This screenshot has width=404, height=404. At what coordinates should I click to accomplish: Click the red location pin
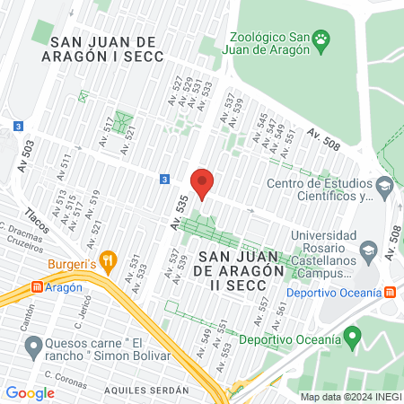pyautogui.click(x=202, y=183)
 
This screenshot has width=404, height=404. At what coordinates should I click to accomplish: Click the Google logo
pyautogui.click(x=30, y=392)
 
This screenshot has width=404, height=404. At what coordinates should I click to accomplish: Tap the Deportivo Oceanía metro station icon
pyautogui.click(x=391, y=293)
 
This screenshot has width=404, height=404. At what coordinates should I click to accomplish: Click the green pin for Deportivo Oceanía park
pyautogui.click(x=353, y=338)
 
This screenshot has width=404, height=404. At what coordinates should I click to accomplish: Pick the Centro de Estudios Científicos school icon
pyautogui.click(x=385, y=189)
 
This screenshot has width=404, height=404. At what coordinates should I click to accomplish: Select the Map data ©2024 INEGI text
pyautogui.click(x=348, y=397)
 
